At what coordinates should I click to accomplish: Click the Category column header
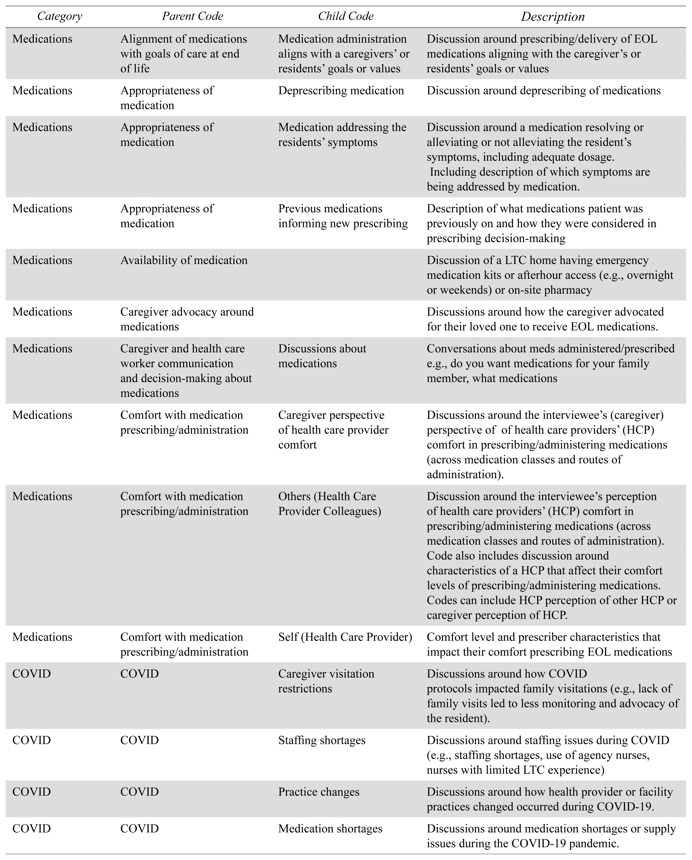60,16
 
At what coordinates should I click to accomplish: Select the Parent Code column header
192,16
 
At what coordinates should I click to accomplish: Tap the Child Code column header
345,16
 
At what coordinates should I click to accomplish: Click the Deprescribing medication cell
341,91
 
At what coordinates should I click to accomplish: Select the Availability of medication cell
184,260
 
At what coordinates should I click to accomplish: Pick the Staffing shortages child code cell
322,740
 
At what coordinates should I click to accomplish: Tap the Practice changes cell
319,792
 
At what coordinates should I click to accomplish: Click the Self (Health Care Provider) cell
345,637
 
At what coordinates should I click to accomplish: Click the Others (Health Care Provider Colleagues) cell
329,504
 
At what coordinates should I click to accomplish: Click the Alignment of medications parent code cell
183,54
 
